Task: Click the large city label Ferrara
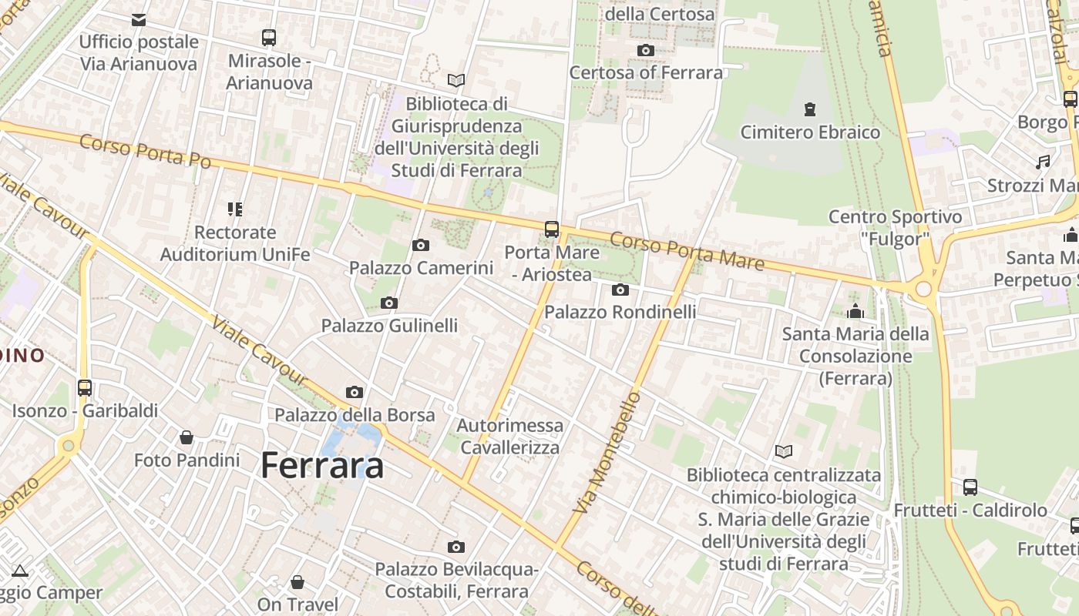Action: point(322,465)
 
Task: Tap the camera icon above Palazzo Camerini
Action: point(420,246)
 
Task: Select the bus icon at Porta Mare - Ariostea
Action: point(552,229)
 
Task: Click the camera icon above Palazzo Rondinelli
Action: point(620,290)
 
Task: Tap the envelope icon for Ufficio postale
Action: point(139,20)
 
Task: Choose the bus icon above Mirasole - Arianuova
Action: point(269,37)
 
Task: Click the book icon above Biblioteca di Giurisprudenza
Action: point(456,80)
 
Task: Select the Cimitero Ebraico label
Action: point(810,132)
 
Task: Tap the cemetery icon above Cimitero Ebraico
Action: point(809,109)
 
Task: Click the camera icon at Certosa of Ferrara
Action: point(646,51)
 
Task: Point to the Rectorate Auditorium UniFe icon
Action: point(235,209)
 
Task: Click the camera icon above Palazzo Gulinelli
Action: point(389,303)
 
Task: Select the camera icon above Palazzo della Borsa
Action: point(355,393)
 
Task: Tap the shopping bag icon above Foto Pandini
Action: point(187,437)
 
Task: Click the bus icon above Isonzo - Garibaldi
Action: point(85,388)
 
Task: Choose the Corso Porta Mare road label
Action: point(687,250)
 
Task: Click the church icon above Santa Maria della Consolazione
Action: point(855,311)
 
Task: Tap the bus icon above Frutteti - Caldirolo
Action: point(970,487)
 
